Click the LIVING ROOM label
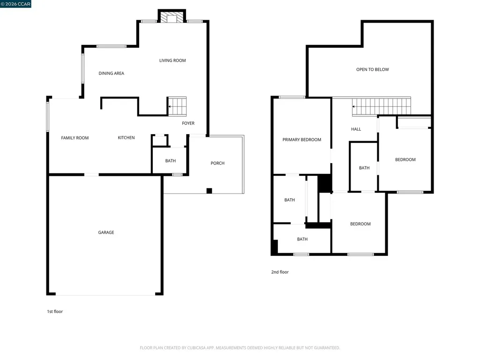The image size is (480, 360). point(172,60)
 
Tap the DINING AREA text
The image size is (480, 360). point(112,74)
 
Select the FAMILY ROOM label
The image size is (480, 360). point(75,138)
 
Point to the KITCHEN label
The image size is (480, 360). point(126,138)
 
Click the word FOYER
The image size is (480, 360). point(188,123)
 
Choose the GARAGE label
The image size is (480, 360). point(106,232)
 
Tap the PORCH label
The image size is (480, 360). point(217,164)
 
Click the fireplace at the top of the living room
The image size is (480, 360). point(172,16)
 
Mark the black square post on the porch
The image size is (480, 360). point(209,191)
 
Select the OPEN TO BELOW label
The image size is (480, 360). point(373,70)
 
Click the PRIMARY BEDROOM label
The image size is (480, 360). point(302,140)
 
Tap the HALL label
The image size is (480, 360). point(356,129)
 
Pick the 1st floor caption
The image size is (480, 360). point(55,312)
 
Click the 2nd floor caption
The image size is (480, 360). point(280,272)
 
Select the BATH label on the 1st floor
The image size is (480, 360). point(171,161)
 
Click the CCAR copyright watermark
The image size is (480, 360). point(15,4)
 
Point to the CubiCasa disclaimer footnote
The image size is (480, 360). point(240,348)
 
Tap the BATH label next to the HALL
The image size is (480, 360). point(364,168)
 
